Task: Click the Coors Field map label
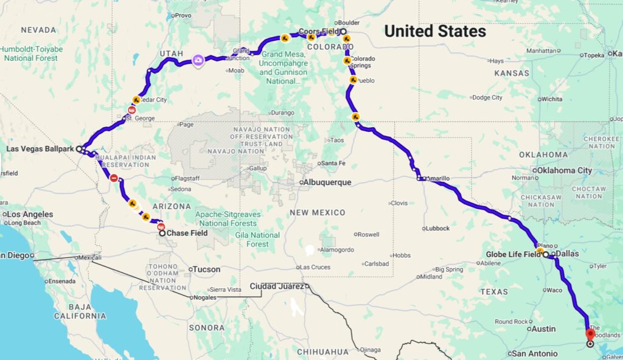(x=318, y=32)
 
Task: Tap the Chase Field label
(x=187, y=233)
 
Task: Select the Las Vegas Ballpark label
(x=40, y=148)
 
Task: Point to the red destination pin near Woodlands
(x=590, y=334)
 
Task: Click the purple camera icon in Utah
(x=198, y=60)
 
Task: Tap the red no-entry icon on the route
(x=114, y=178)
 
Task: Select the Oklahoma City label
(x=564, y=170)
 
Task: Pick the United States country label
(x=435, y=31)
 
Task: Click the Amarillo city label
(x=439, y=178)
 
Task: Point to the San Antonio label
(x=534, y=353)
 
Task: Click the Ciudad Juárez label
(x=277, y=286)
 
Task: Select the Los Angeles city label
(x=30, y=214)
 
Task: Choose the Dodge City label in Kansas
(x=487, y=97)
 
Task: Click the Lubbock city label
(x=437, y=228)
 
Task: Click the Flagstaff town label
(x=183, y=178)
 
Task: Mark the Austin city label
(x=543, y=329)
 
